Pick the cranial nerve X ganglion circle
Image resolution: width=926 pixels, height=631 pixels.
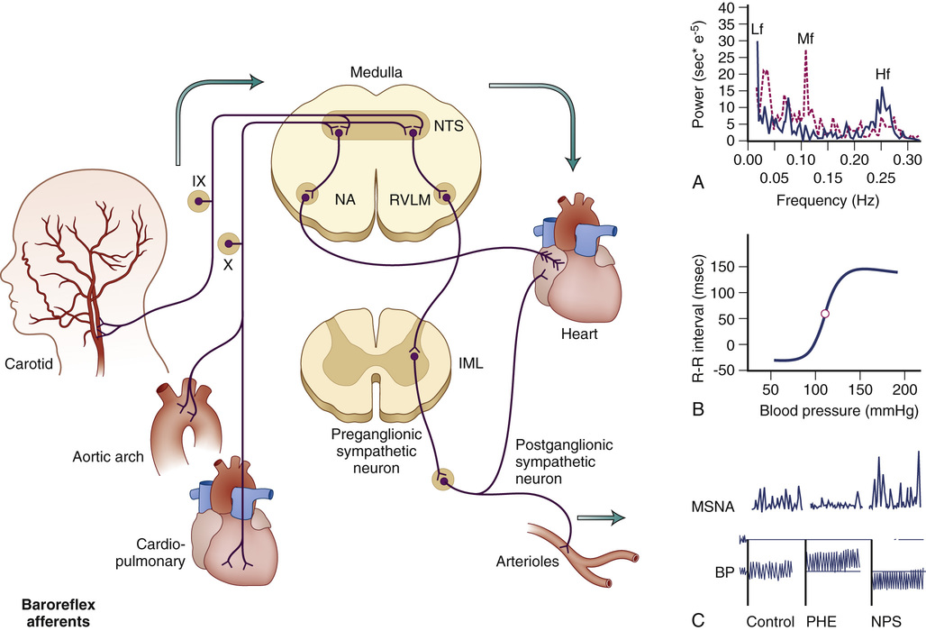(x=229, y=242)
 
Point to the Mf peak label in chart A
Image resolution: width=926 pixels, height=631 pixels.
(x=806, y=40)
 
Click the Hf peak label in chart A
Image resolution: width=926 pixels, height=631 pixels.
(x=885, y=74)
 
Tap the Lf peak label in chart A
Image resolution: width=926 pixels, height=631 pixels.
(x=758, y=29)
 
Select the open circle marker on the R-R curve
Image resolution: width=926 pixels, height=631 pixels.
(x=824, y=313)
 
